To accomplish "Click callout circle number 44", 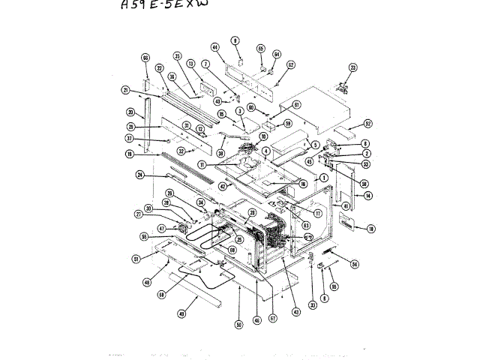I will (x=214, y=47).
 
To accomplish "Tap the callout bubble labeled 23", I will (x=352, y=67).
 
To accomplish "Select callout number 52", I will (x=367, y=123).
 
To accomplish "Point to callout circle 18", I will (x=371, y=228).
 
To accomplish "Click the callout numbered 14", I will (x=367, y=196).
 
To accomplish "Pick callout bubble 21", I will (x=126, y=91).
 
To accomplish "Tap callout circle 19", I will (x=129, y=154).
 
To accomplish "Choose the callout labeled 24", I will (x=139, y=176).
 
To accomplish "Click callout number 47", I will (x=161, y=228).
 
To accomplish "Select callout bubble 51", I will (x=136, y=259).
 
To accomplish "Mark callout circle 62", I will (x=291, y=64).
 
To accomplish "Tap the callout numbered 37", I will (x=129, y=139).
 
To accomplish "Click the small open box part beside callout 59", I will (x=265, y=128).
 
